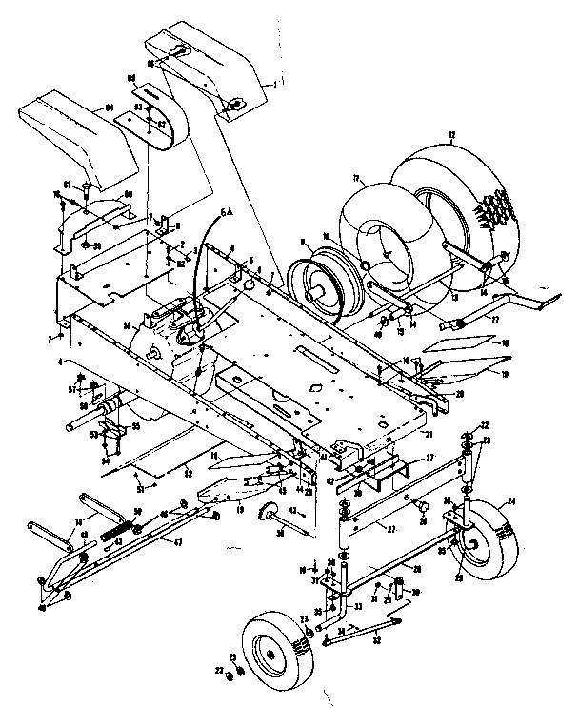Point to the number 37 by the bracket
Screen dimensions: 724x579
[x=429, y=458]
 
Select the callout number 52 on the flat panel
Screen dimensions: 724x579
[x=189, y=473]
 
